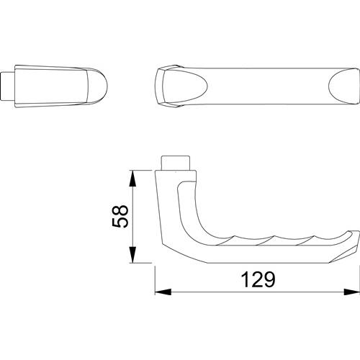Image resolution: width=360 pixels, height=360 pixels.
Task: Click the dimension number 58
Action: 120,216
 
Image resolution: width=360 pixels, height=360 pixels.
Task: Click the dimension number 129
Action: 258,279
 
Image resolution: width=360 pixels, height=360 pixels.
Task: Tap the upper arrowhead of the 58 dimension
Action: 132,179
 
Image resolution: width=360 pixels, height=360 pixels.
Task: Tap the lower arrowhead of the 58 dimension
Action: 132,255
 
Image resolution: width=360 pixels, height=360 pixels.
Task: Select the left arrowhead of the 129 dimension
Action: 163,292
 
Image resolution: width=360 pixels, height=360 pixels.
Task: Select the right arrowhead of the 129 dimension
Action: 352,292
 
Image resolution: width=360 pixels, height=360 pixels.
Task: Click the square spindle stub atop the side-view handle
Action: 176,163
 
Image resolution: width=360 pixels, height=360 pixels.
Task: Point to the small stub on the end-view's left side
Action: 8,86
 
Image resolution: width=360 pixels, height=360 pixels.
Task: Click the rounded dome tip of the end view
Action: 97,86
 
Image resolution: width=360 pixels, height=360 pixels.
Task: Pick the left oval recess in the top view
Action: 184,86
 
